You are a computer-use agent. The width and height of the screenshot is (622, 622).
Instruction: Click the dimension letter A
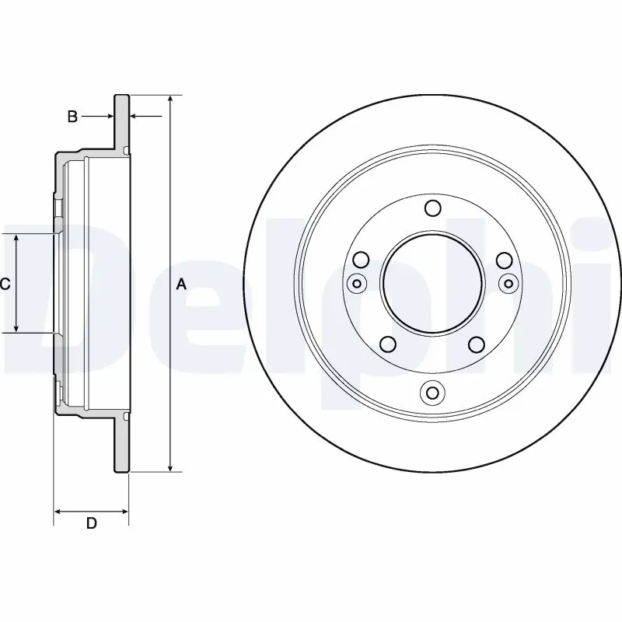[x=181, y=285]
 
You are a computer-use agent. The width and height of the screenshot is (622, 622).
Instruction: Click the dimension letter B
[x=72, y=117]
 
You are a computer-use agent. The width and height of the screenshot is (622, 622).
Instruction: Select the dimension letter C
[x=5, y=285]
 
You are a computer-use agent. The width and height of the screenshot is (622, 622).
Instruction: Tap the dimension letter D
[x=91, y=523]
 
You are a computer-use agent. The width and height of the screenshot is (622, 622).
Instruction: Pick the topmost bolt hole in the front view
[x=433, y=208]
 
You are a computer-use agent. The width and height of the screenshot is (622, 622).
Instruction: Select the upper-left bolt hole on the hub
[x=361, y=260]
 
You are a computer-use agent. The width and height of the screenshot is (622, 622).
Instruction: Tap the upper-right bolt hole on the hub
[x=505, y=260]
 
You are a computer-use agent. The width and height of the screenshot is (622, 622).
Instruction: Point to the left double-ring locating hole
[x=357, y=283]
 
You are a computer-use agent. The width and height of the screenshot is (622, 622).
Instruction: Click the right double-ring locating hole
[x=508, y=283]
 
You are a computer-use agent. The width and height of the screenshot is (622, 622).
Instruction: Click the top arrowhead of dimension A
[x=170, y=100]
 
